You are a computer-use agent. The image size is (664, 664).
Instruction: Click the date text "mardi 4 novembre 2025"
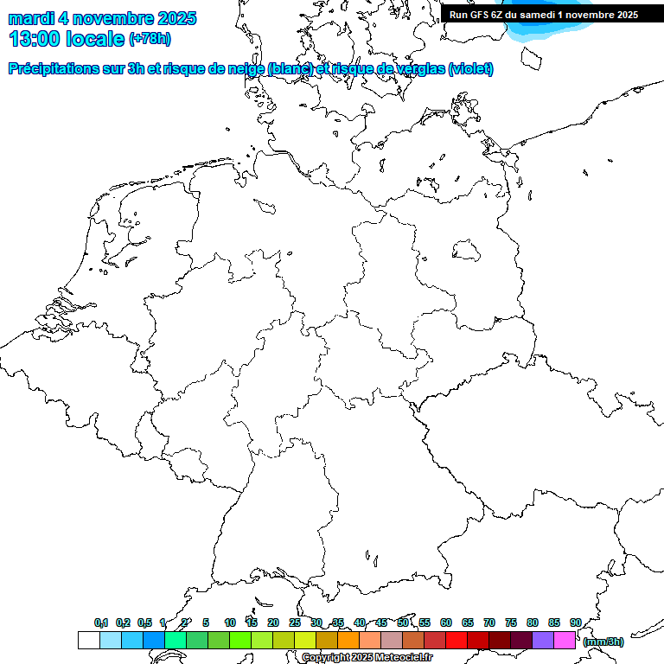[x=102, y=18]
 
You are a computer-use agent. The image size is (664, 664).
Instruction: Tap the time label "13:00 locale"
[x=67, y=39]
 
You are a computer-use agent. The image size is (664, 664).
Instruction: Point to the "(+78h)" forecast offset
[x=150, y=39]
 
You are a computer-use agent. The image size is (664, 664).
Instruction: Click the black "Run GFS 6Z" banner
[x=544, y=14]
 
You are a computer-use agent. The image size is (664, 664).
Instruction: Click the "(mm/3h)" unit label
[x=603, y=642]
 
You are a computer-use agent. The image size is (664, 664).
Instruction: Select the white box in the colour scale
[x=88, y=640]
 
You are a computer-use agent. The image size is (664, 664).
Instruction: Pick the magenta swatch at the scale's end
[x=565, y=640]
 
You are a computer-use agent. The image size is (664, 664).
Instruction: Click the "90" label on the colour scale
[x=575, y=622]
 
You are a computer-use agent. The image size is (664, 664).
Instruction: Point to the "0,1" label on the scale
[x=101, y=622]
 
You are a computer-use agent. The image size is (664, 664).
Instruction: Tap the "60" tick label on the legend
[x=446, y=622]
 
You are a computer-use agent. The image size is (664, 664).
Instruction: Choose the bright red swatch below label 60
[x=456, y=640]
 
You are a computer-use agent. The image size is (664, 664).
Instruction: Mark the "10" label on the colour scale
[x=230, y=622]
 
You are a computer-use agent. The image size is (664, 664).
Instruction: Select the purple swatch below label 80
[x=543, y=640]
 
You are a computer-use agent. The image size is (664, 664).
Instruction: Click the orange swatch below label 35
[x=348, y=640]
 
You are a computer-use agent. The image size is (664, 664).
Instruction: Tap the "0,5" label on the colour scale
[x=144, y=622]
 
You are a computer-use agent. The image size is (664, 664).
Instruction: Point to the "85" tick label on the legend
[x=553, y=622]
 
